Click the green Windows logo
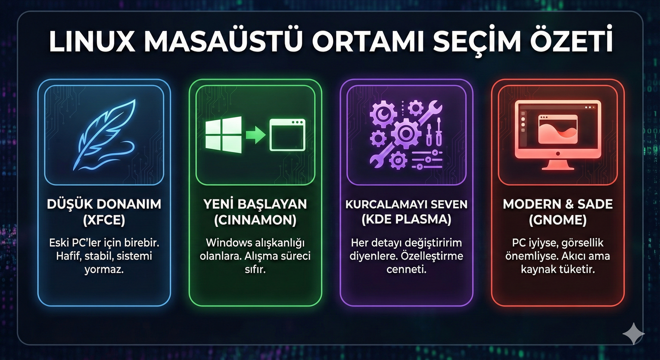(223, 135)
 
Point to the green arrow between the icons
(255, 135)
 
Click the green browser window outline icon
(287, 135)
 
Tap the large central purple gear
(406, 133)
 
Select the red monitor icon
(558, 135)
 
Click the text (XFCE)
(104, 220)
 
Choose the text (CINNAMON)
(255, 220)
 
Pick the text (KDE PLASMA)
(406, 219)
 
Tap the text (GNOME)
(558, 220)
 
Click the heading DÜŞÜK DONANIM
(104, 204)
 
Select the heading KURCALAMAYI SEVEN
(406, 204)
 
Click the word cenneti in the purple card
(406, 269)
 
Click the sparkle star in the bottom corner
(634, 334)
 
